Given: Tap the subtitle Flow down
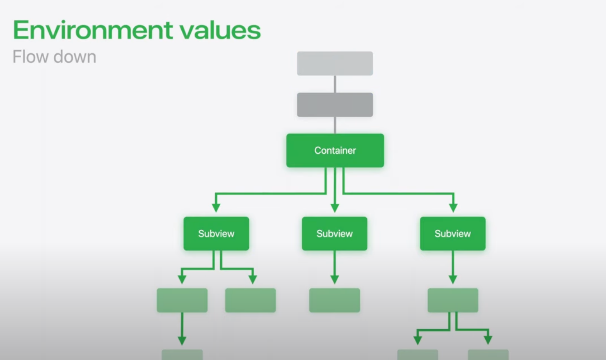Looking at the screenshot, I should [x=54, y=57].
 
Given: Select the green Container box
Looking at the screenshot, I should [x=335, y=150].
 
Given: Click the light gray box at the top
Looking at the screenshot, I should [x=335, y=63].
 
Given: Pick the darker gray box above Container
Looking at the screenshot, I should [x=335, y=105].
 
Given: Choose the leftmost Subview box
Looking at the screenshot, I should [x=216, y=233].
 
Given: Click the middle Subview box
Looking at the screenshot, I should [x=335, y=233].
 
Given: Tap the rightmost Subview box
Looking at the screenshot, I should [x=453, y=233].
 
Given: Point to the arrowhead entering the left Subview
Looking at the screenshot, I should [x=216, y=208].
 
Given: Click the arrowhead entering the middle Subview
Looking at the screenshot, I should [x=335, y=208].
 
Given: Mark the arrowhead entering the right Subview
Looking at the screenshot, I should [x=453, y=208].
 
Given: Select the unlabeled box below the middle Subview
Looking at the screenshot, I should [x=335, y=300].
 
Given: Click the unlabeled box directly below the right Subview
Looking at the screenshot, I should [x=453, y=300].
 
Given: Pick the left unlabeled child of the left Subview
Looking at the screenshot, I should [x=182, y=300].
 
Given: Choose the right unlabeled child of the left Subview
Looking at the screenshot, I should [x=251, y=300].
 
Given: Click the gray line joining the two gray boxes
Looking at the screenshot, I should [x=335, y=84].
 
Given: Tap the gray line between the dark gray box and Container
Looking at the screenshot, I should [x=335, y=125].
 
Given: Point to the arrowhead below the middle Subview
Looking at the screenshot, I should [x=335, y=279].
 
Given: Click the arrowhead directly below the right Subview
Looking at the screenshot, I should [x=453, y=279].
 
